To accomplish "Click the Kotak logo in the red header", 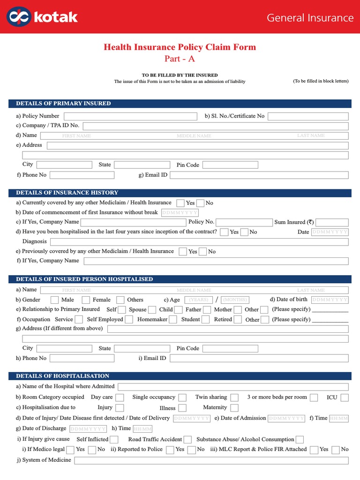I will tap(43, 17).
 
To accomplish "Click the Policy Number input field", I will tap(130, 116).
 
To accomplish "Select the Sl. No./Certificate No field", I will tap(308, 116).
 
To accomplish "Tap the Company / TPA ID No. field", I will tap(216, 126).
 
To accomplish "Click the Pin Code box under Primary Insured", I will tap(230, 165).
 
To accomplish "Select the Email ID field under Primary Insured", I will tap(259, 175).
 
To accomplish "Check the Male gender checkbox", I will tap(55, 300).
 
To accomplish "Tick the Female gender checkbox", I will tap(86, 300).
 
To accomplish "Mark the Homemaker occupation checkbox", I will tap(173, 320).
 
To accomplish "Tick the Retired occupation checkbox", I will tap(238, 320).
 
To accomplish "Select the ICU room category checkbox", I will tap(345, 397).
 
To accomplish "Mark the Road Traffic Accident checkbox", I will tap(187, 440).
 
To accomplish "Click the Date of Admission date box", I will tap(287, 418).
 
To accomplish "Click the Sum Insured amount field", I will tap(332, 223).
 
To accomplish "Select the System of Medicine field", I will tap(211, 460).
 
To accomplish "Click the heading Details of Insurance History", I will tap(67, 193).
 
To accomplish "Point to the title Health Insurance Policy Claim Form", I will tap(180, 47).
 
